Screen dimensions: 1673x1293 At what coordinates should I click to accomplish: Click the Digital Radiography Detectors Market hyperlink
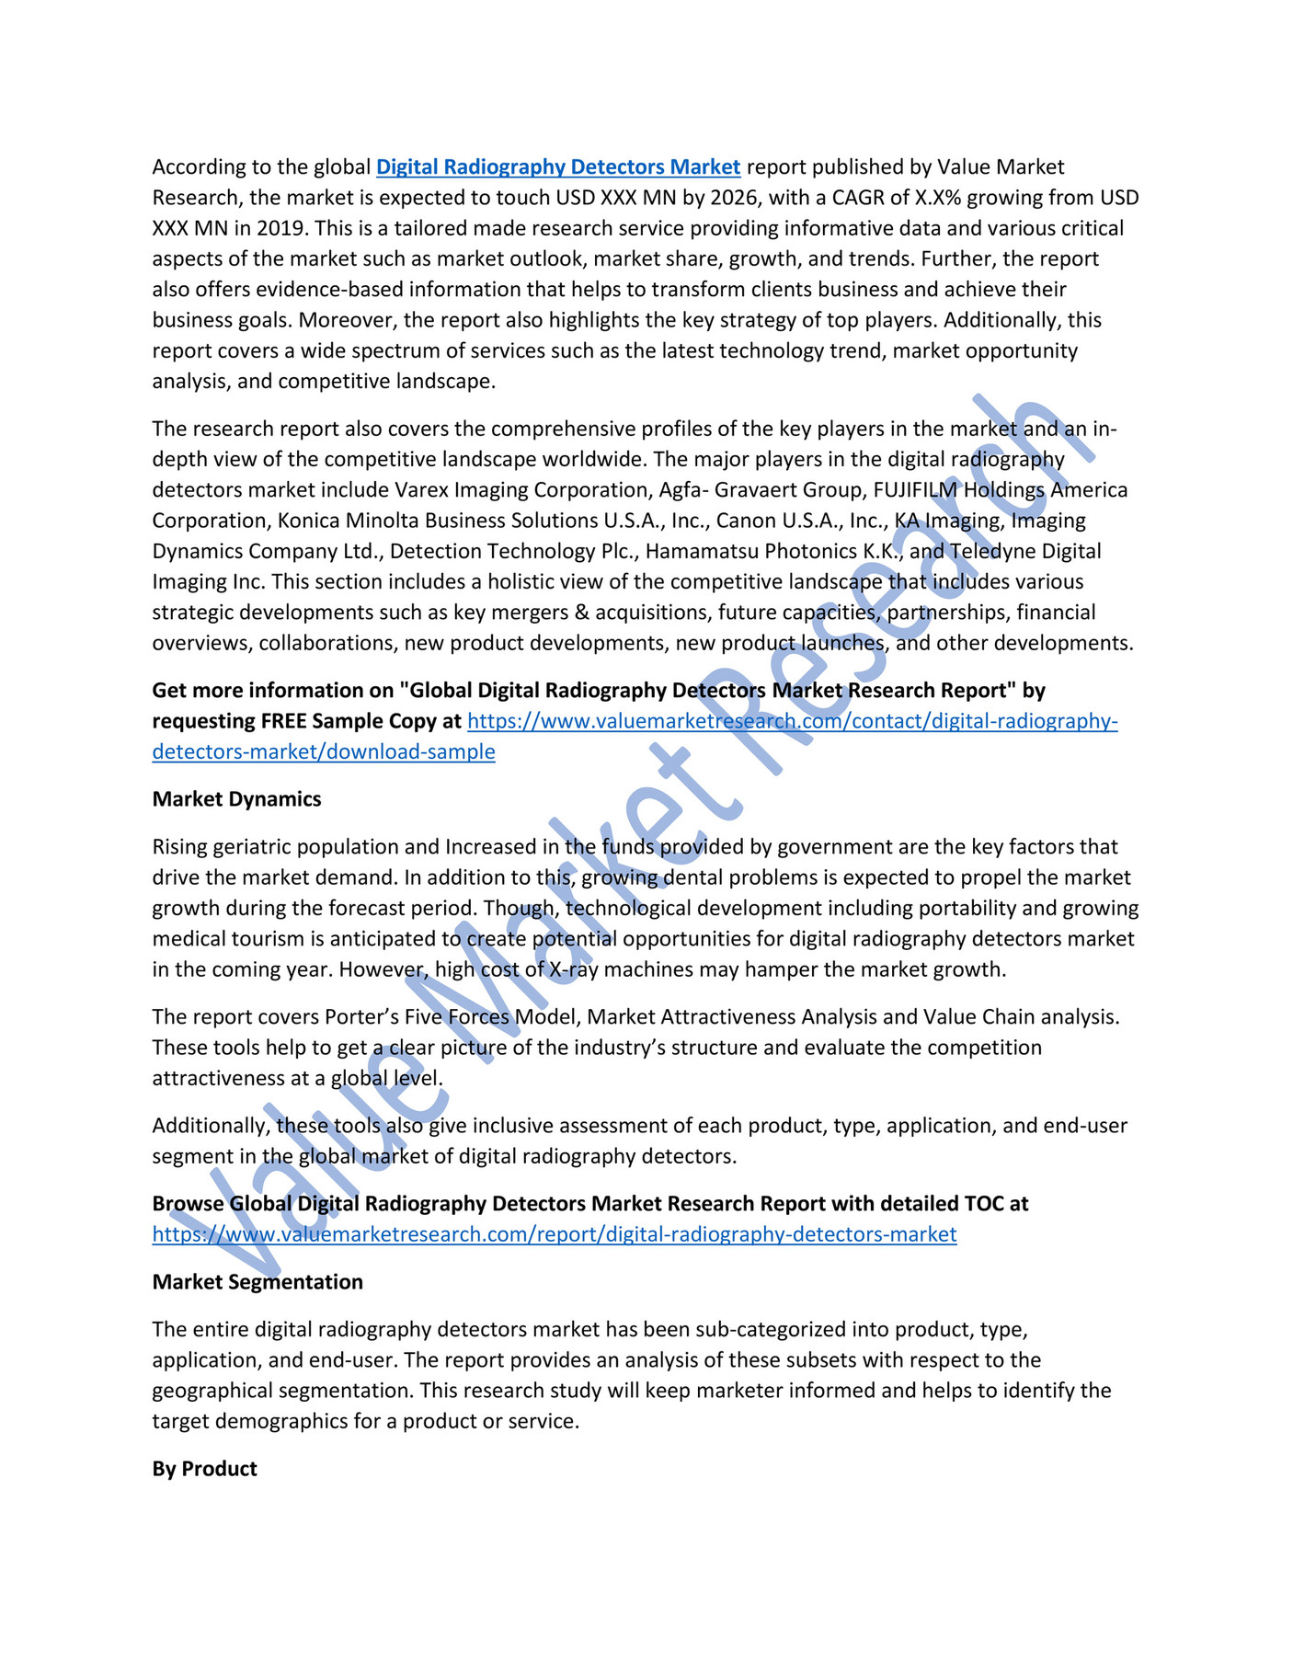click(558, 166)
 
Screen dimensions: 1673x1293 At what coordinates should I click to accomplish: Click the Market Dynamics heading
click(236, 798)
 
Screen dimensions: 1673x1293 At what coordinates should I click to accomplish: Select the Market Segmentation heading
click(257, 1281)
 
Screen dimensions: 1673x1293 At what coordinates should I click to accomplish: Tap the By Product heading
click(204, 1468)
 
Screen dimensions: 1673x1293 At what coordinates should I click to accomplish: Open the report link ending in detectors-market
click(555, 1234)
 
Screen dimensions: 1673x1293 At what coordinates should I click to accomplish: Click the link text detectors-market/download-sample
click(324, 751)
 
